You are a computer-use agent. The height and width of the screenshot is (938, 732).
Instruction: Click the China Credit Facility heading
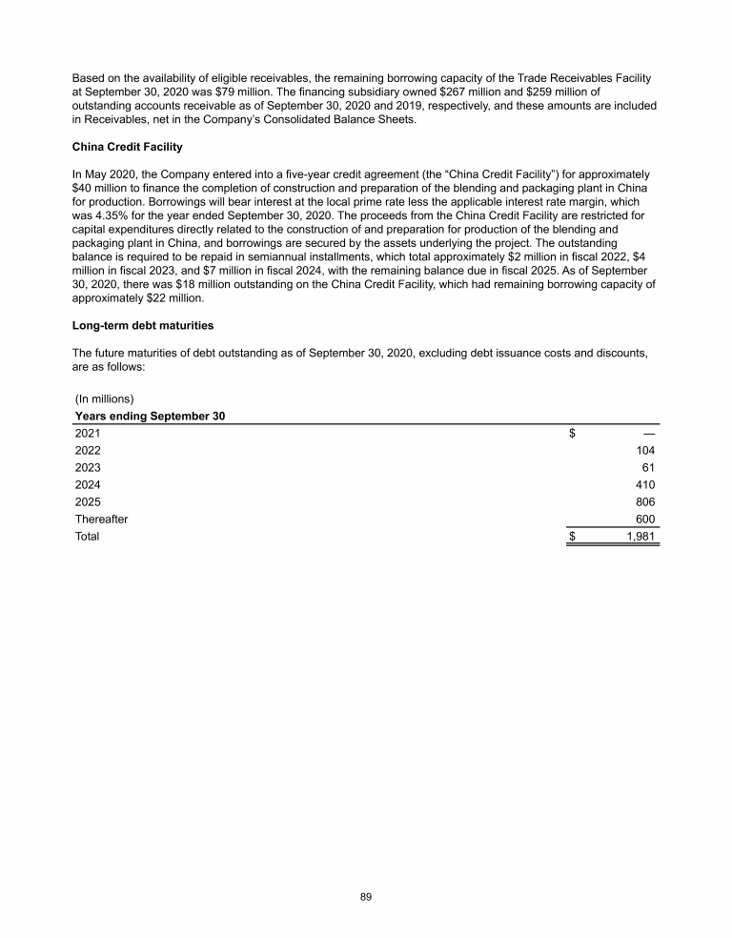(127, 148)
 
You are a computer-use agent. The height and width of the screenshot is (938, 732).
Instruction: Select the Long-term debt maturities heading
(143, 326)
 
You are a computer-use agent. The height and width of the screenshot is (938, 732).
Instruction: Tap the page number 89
(366, 897)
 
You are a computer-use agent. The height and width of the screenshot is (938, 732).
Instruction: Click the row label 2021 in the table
(88, 434)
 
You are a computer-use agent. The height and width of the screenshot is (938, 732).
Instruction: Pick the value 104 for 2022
(647, 451)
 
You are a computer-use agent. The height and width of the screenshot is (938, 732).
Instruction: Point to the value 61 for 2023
(651, 468)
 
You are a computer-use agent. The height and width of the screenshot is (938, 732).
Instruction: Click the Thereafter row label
(102, 520)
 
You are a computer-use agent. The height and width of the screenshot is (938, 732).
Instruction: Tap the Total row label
(87, 537)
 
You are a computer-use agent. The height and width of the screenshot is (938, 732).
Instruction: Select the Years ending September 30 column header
(150, 416)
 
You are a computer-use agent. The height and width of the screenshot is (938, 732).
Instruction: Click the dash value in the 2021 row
(650, 434)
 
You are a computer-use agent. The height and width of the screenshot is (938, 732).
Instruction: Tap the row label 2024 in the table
(88, 485)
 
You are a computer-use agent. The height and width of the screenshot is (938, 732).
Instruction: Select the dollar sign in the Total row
(573, 537)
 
